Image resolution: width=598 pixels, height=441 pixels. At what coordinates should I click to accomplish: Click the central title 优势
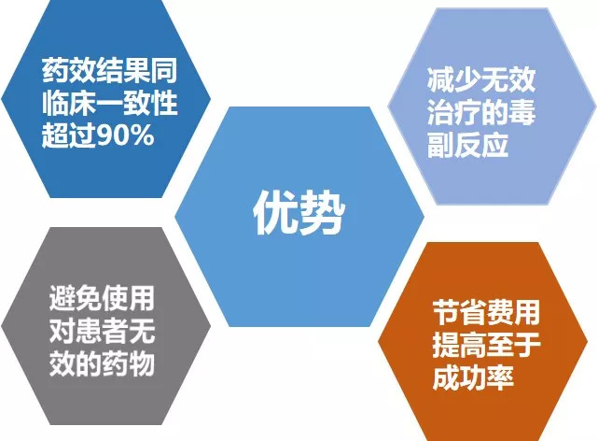point(299,212)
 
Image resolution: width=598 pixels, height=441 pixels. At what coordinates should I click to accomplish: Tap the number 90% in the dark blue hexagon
point(125,135)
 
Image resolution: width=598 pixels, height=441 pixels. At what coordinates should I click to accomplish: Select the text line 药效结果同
point(109,71)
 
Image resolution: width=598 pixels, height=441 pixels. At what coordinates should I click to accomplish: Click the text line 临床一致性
point(109,103)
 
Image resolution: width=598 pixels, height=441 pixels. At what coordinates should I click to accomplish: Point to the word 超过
point(69,135)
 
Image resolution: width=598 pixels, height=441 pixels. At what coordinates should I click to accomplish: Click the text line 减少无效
point(481,79)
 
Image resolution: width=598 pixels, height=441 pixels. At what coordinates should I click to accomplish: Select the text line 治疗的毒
point(481,112)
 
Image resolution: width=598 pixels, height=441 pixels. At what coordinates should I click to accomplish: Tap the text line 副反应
point(468,145)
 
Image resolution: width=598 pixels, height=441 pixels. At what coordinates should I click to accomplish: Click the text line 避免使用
point(102,298)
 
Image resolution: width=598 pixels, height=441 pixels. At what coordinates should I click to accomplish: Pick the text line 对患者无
point(102,331)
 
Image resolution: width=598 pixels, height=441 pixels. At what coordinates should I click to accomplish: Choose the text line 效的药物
point(102,363)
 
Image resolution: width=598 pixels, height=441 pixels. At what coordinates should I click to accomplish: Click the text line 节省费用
point(486,312)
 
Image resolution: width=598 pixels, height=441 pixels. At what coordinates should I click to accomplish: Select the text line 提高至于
point(486,345)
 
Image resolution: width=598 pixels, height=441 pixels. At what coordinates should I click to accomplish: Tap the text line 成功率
point(473,377)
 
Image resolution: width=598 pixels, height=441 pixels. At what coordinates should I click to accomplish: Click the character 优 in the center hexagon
point(275,212)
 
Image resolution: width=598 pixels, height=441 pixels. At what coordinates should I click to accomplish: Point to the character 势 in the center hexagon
point(322,212)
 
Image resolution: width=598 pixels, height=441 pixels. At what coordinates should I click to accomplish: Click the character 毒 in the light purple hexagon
point(522,112)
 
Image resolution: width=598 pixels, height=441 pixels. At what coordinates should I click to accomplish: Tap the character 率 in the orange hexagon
point(500,377)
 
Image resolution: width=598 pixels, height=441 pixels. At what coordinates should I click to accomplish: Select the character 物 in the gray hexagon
point(142,363)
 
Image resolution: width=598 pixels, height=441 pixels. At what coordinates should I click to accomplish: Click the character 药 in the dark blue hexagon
point(55,71)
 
